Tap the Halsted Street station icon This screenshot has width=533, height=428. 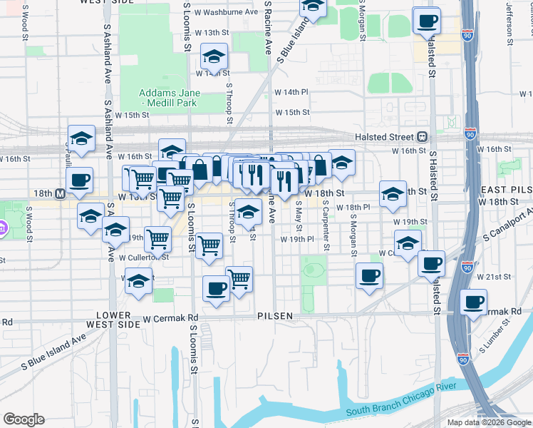pyautogui.click(x=422, y=136)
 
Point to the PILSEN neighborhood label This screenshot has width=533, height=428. pyautogui.click(x=275, y=315)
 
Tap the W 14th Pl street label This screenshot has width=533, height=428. pyautogui.click(x=291, y=92)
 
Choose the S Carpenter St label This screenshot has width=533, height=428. pyautogui.click(x=326, y=224)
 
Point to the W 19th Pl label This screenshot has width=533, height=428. pyautogui.click(x=297, y=240)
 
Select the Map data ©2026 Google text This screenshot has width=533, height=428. pyautogui.click(x=488, y=422)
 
